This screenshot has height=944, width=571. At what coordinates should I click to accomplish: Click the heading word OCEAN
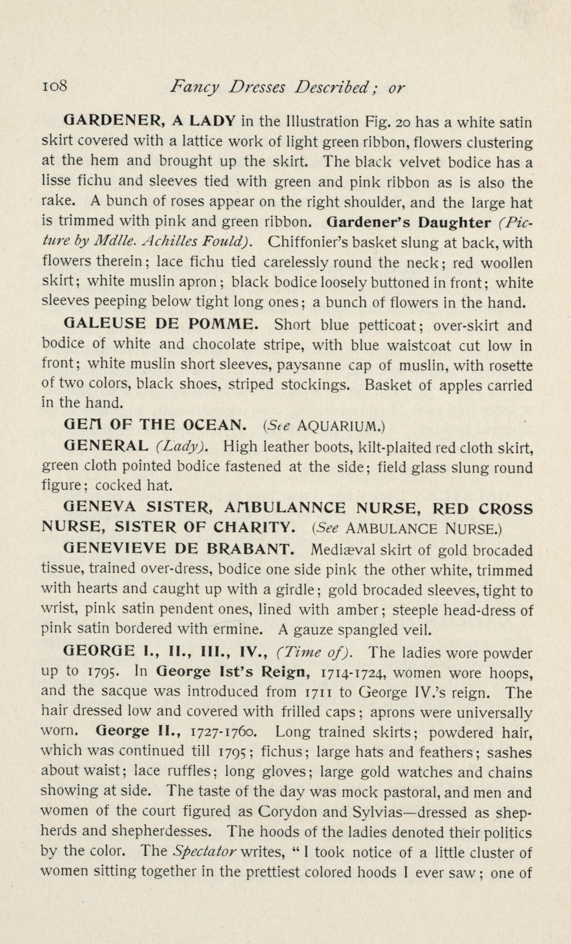pyautogui.click(x=215, y=425)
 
